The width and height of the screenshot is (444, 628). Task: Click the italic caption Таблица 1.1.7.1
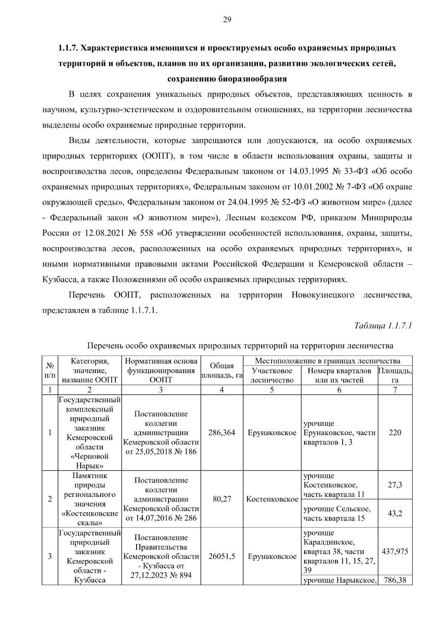tap(383, 326)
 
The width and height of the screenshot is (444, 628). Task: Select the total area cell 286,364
tap(222, 433)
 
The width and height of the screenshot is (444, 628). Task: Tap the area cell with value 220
tap(395, 433)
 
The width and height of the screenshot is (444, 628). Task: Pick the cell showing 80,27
tap(222, 499)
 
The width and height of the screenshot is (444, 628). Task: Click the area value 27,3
tap(395, 485)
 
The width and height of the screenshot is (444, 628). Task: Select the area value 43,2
tap(395, 513)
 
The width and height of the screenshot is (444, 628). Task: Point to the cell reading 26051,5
tap(222, 556)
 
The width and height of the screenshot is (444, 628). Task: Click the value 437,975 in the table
tap(395, 551)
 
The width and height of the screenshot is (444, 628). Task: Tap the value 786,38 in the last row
tap(395, 580)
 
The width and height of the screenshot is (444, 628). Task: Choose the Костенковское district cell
tap(272, 499)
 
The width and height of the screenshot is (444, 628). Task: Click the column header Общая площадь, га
tap(222, 370)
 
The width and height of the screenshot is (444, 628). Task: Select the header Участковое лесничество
tap(272, 375)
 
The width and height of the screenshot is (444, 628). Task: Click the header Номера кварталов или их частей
tap(339, 375)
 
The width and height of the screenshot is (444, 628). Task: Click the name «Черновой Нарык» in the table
tap(90, 461)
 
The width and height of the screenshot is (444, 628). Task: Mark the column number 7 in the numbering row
tap(395, 390)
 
